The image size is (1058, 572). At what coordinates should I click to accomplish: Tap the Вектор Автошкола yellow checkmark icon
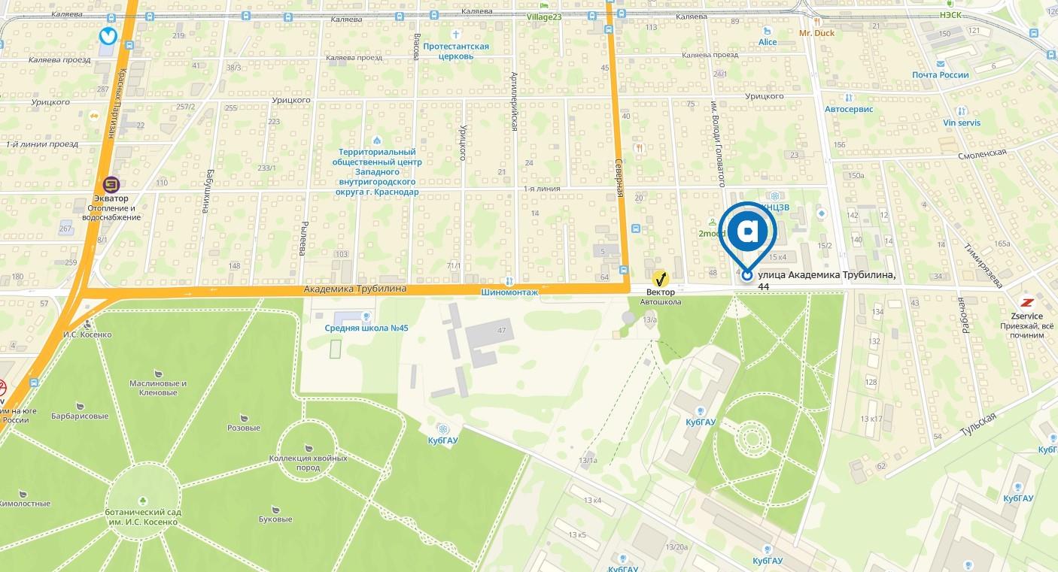tap(661, 278)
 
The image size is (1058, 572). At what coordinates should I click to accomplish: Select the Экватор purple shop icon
tap(111, 184)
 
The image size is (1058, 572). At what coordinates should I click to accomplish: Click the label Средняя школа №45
tap(366, 328)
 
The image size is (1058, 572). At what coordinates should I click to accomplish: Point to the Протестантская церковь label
tap(456, 51)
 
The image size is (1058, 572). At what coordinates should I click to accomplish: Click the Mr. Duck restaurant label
tap(816, 33)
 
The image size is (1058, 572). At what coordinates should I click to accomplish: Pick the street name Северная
tap(619, 178)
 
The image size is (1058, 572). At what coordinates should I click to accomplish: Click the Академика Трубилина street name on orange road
tap(355, 289)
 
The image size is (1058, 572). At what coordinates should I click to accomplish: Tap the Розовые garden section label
tap(244, 428)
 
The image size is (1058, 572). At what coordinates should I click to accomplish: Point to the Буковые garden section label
tap(275, 519)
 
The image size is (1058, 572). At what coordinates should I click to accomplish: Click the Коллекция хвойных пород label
tap(308, 462)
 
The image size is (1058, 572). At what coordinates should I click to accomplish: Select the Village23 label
tap(544, 17)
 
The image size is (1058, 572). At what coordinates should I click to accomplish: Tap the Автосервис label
tap(849, 109)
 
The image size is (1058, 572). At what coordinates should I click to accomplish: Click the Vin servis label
tap(962, 123)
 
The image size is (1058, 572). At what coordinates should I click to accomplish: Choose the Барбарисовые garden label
tap(80, 416)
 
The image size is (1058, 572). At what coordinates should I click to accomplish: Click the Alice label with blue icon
tap(768, 42)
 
